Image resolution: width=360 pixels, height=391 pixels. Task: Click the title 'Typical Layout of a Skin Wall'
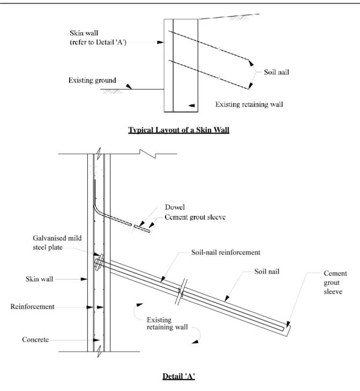tap(178, 130)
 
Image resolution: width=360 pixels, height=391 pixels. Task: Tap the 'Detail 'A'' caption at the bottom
tap(178, 376)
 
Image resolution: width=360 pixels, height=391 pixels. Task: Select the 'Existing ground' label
tap(92, 80)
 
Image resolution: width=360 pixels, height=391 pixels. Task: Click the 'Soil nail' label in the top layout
tap(276, 72)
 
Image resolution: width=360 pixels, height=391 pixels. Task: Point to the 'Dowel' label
tap(175, 207)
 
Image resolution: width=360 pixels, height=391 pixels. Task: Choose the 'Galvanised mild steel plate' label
tap(57, 243)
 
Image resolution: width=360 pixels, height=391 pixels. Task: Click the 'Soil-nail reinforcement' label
tap(226, 252)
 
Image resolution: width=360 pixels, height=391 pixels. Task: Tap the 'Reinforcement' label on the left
tap(32, 306)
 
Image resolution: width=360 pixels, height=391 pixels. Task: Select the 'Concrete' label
tap(35, 340)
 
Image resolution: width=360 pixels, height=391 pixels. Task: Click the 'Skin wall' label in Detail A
tap(40, 279)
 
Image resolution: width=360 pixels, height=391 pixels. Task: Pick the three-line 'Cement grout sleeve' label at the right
tap(335, 282)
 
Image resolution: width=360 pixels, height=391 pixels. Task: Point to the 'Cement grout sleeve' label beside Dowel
tap(195, 217)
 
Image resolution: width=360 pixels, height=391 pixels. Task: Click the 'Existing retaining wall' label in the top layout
tap(249, 104)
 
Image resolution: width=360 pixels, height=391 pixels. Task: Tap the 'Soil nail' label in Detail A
tap(267, 272)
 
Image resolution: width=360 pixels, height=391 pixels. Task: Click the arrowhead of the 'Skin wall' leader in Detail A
tap(84, 279)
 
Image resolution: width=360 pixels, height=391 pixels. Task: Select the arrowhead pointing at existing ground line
tap(129, 86)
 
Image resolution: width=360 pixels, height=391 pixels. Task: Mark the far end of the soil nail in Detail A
tap(288, 330)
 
